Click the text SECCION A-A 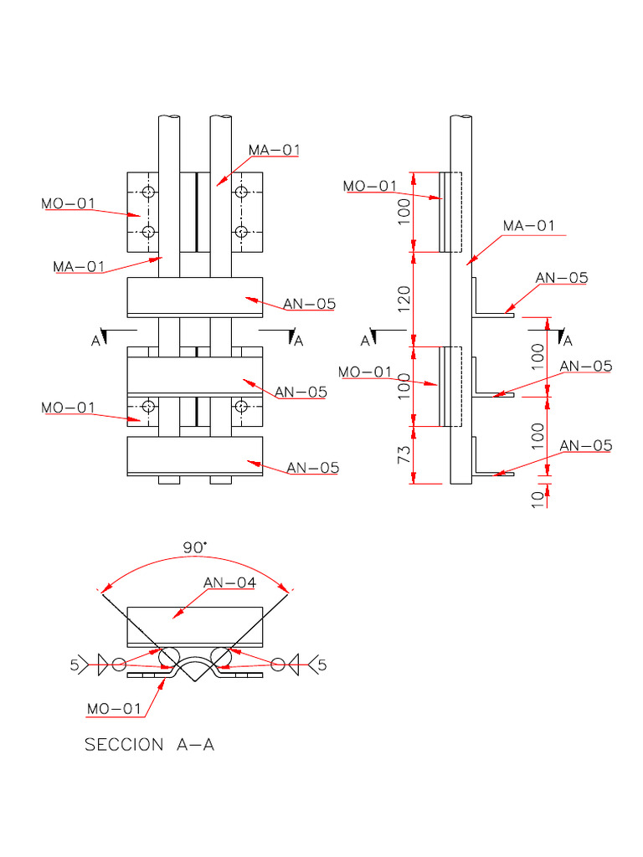[149, 744]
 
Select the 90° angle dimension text [195, 547]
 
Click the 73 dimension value [404, 456]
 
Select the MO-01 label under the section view [115, 709]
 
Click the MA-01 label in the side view [528, 226]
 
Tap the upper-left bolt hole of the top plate [148, 192]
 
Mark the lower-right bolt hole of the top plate [241, 231]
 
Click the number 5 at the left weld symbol [74, 665]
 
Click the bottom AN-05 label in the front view [312, 468]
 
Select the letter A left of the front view [96, 341]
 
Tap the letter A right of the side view [568, 341]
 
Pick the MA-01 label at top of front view [274, 150]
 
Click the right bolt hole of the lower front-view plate [241, 407]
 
